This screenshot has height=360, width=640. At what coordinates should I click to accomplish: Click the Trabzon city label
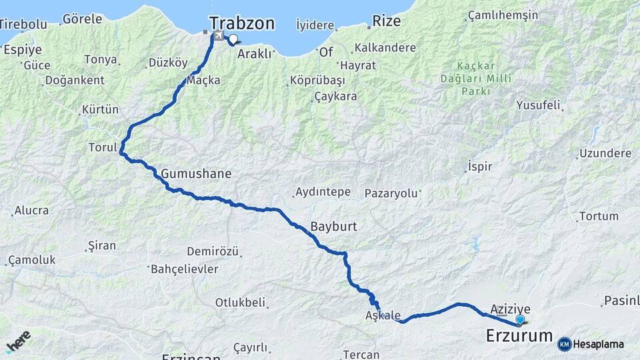pyautogui.click(x=241, y=23)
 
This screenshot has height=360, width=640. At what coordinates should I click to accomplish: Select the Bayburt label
pyautogui.click(x=333, y=226)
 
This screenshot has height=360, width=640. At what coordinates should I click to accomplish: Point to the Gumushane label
pyautogui.click(x=196, y=174)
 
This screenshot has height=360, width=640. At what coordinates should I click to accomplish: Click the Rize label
pyautogui.click(x=387, y=21)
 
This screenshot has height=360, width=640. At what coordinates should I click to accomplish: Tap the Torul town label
pyautogui.click(x=103, y=147)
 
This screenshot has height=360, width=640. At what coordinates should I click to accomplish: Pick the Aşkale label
pyautogui.click(x=383, y=315)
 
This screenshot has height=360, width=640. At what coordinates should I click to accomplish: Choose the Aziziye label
pyautogui.click(x=510, y=309)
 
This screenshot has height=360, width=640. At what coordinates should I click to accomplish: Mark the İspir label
pyautogui.click(x=480, y=166)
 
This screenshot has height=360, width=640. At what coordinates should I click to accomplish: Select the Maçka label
pyautogui.click(x=203, y=80)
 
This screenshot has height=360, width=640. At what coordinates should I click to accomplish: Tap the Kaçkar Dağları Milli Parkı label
pyautogui.click(x=485, y=78)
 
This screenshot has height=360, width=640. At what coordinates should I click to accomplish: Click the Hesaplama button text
pyautogui.click(x=599, y=344)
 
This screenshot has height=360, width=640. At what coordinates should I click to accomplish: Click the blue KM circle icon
pyautogui.click(x=565, y=344)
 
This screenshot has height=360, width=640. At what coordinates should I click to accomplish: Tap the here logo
pyautogui.click(x=18, y=341)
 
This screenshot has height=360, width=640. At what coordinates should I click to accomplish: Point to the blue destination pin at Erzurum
pyautogui.click(x=520, y=320)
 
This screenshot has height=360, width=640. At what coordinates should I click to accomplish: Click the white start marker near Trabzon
pyautogui.click(x=233, y=39)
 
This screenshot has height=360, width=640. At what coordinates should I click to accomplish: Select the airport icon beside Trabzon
pyautogui.click(x=217, y=35)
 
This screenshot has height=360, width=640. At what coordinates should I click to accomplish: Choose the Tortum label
pyautogui.click(x=599, y=216)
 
